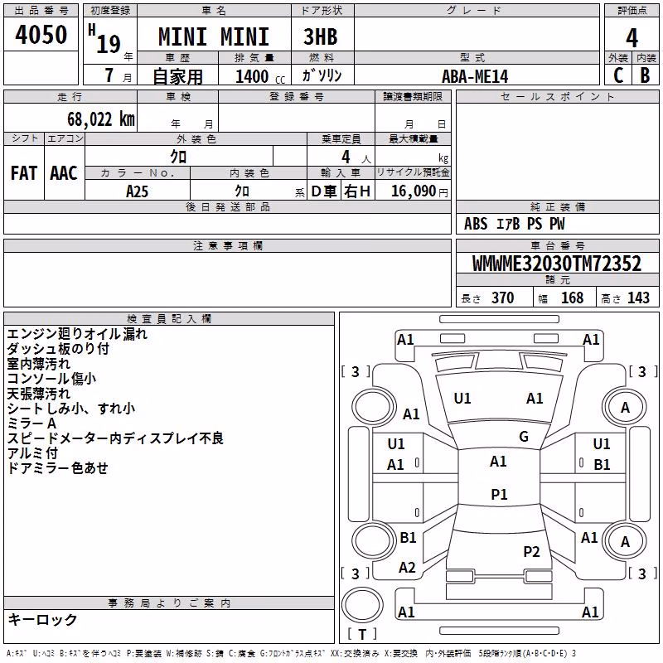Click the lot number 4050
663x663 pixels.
41,35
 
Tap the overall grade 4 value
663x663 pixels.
632,38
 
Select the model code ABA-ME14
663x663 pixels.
475,76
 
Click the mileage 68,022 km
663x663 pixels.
101,119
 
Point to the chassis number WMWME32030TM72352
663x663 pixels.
556,264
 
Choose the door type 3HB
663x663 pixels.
321,36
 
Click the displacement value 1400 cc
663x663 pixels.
260,76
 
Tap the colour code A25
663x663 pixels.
137,191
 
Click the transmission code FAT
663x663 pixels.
24,173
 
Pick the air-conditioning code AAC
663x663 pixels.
64,173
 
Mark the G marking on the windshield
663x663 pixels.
524,437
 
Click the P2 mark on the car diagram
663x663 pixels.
531,551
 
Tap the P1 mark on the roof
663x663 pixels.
499,494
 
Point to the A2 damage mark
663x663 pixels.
407,568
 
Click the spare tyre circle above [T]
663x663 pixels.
362,605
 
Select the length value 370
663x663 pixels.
503,298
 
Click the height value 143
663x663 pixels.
638,298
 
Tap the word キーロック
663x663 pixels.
43,619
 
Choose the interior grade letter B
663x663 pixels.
646,75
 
